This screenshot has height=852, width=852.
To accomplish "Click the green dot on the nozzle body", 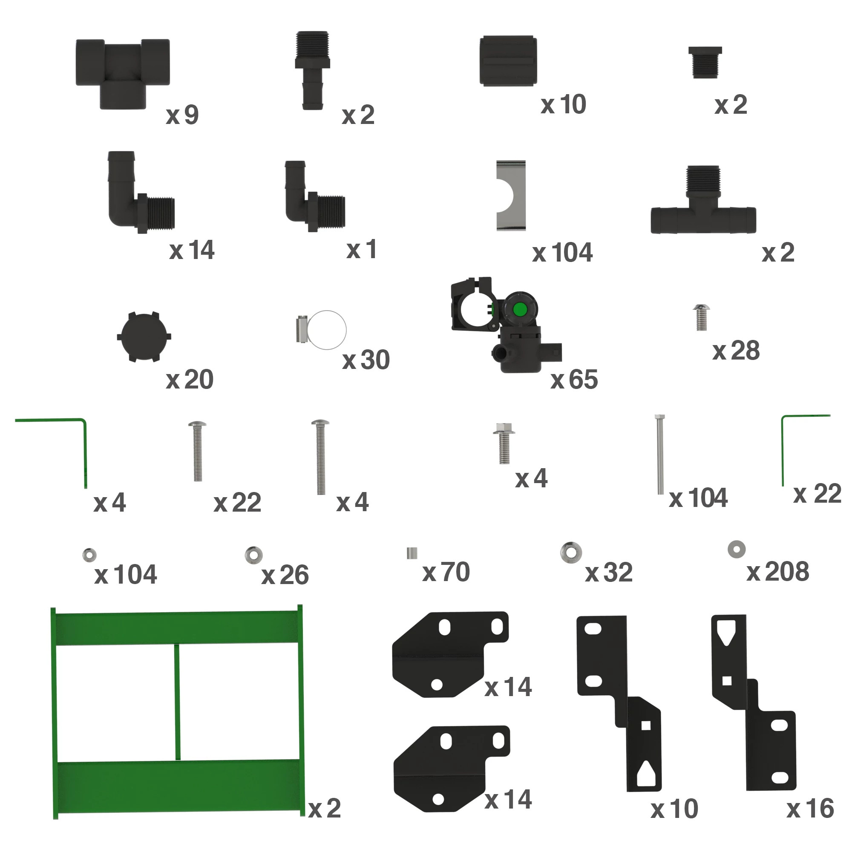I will coord(519,310).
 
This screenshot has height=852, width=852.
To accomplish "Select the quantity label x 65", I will coord(574,380).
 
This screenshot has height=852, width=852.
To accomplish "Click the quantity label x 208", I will coord(777,572).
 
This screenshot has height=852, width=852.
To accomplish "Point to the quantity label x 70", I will coord(446,572).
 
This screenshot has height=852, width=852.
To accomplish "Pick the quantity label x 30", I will coord(366,360).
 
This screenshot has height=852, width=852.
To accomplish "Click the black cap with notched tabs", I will coord(144,337).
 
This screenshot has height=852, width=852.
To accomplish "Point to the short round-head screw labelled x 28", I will coord(701,317).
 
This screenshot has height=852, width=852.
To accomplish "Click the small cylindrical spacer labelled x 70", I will coord(412,553).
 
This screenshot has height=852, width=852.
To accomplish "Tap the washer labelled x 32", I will coord(571,552).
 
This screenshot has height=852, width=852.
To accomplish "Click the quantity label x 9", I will coord(182,115).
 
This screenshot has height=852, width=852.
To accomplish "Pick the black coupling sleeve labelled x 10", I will coord(508,61).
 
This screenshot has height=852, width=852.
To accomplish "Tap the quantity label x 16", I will coord(810,809).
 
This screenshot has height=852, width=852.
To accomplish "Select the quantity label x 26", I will coord(285,575).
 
